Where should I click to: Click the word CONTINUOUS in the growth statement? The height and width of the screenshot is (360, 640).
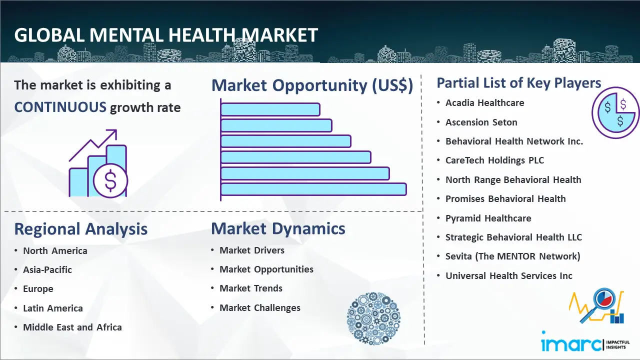tap(60, 107)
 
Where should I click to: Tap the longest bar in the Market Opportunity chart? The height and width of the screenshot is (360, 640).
tap(313, 189)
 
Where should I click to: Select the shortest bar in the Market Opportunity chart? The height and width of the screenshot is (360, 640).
tap(270, 109)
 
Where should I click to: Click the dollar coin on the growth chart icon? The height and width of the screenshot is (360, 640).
tap(110, 181)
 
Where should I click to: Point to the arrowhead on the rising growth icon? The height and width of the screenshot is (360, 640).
tap(112, 134)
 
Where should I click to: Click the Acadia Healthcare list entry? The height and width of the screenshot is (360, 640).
tap(485, 103)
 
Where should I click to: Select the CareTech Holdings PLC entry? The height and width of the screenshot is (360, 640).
tap(495, 160)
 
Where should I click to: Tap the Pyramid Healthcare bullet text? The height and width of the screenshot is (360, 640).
tap(488, 218)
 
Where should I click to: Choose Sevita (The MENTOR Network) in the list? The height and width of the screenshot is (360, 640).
tap(513, 256)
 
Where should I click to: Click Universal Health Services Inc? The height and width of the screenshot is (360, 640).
tap(509, 275)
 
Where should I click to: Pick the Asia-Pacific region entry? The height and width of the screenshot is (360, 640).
tap(47, 269)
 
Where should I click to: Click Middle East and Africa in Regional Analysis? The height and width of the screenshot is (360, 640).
tap(72, 327)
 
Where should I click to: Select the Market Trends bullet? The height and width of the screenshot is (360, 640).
tap(251, 288)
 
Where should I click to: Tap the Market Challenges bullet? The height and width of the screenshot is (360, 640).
tap(260, 307)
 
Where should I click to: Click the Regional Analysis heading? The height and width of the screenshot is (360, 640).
tap(81, 229)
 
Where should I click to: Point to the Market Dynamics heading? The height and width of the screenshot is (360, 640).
tap(278, 228)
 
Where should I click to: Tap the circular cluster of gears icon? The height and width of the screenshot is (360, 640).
tap(373, 318)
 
